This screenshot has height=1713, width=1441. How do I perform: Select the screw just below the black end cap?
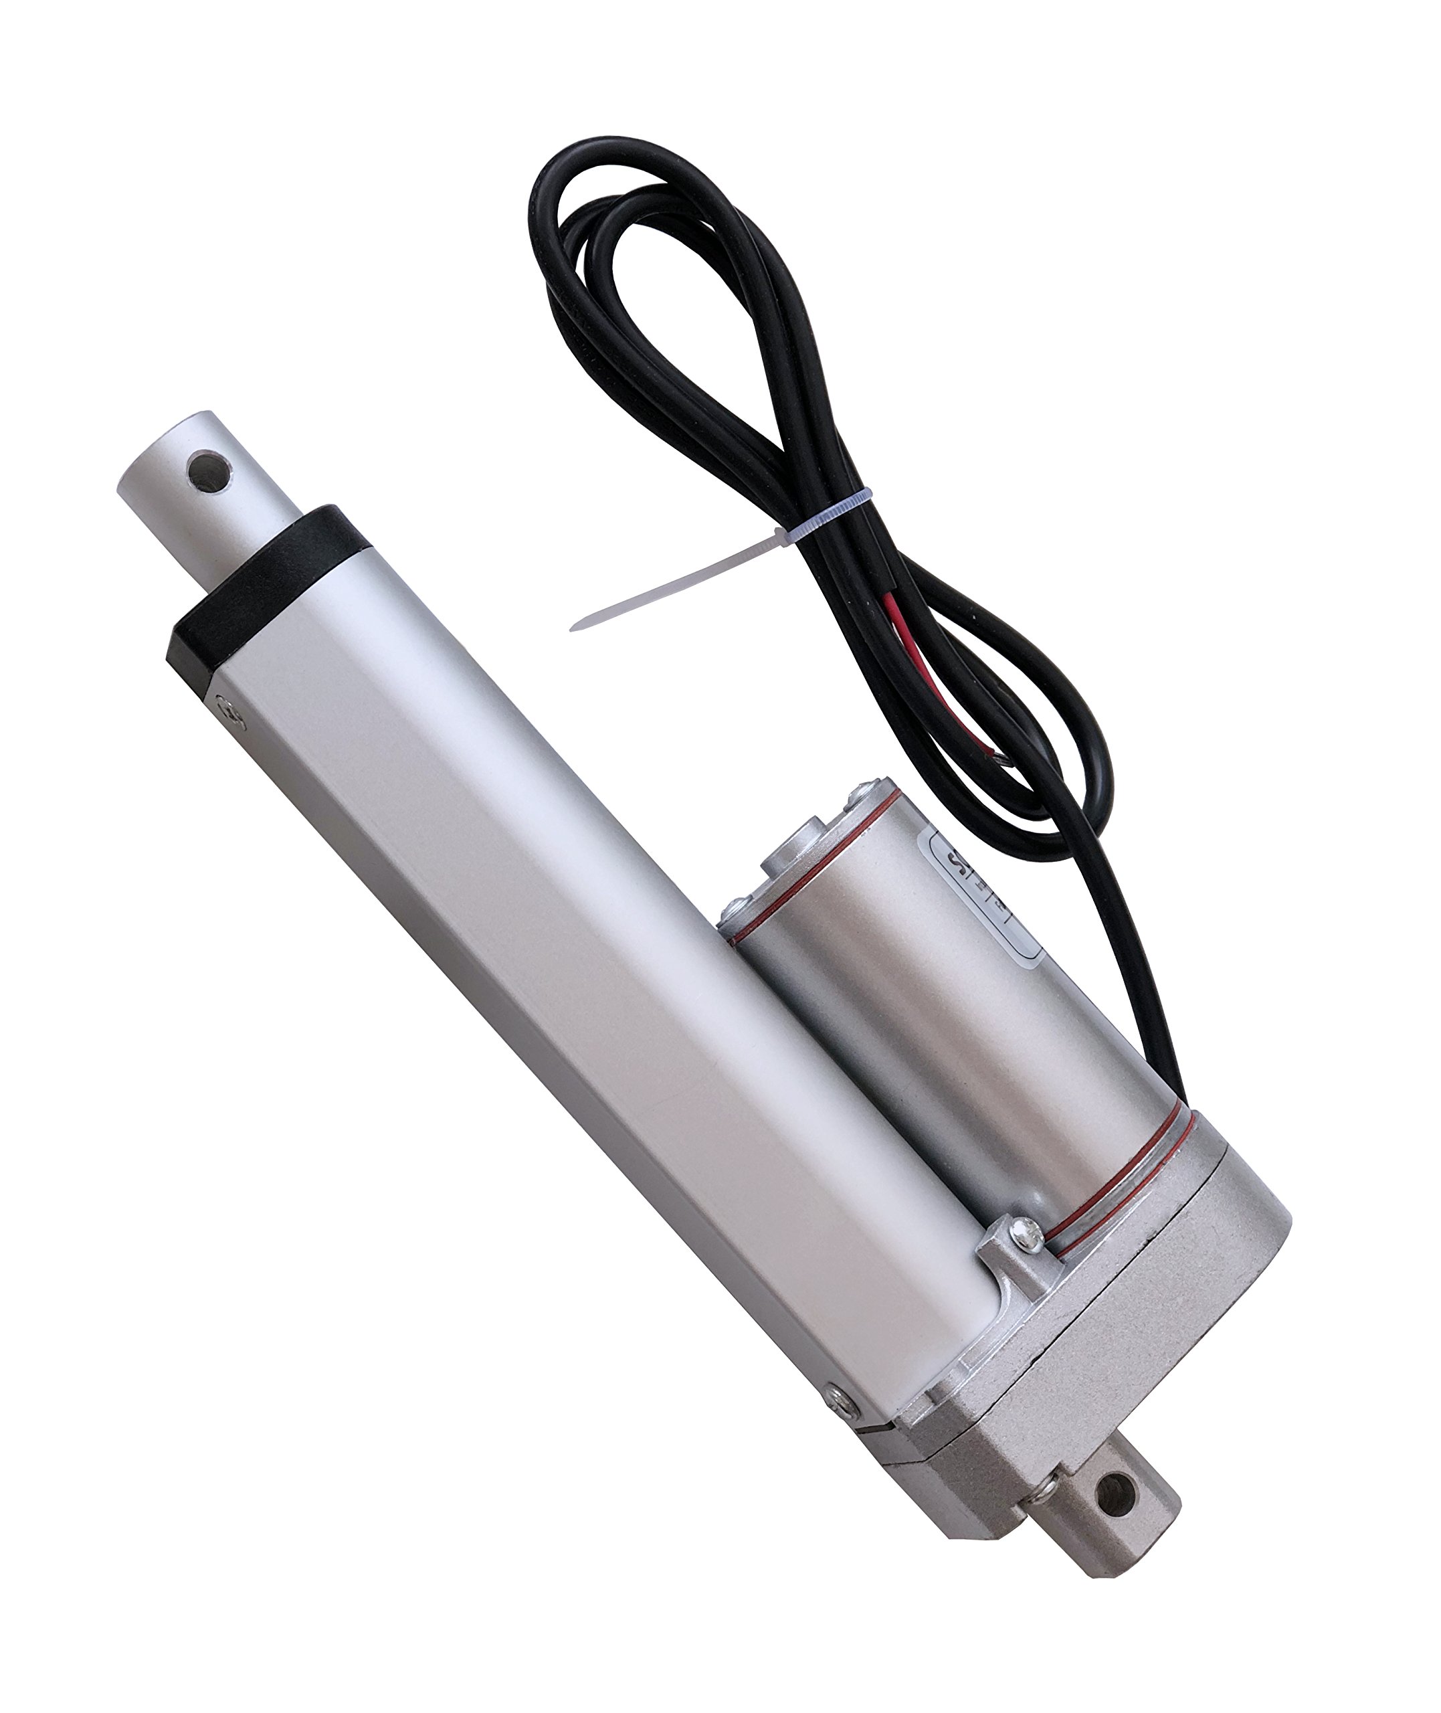click(231, 711)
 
